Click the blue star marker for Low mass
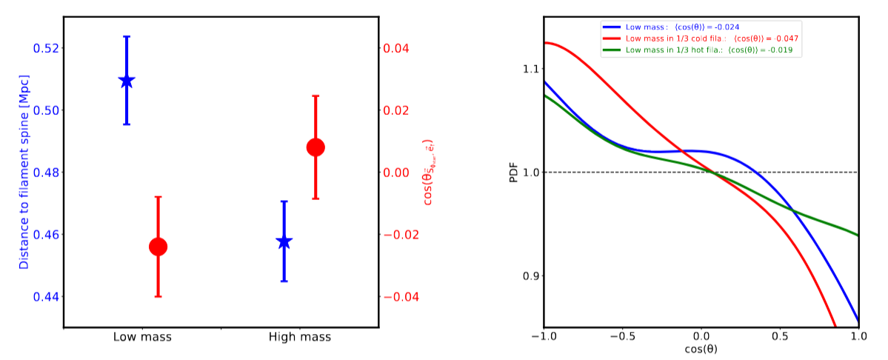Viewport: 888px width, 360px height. tap(127, 81)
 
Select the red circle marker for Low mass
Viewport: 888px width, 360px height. tap(158, 247)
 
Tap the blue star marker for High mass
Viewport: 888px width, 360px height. tap(284, 241)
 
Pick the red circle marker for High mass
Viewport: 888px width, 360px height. tap(316, 147)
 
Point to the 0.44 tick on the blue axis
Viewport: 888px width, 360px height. tap(45, 297)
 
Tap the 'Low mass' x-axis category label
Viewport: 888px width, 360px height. tap(142, 338)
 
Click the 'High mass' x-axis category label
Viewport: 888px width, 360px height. tap(300, 338)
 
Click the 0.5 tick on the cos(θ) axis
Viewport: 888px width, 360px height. tap(779, 336)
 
